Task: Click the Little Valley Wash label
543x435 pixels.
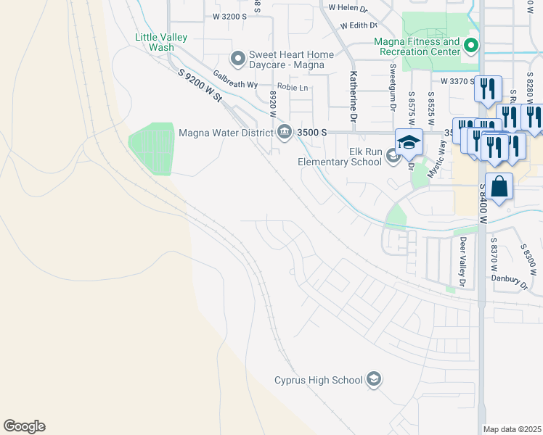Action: click(x=161, y=42)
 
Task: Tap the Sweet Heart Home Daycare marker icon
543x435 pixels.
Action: click(x=237, y=57)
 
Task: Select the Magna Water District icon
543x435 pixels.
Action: click(x=284, y=132)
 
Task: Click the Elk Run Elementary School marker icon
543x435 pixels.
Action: click(x=393, y=155)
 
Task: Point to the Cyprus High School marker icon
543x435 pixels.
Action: click(x=373, y=379)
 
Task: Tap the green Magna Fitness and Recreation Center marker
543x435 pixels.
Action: click(x=470, y=47)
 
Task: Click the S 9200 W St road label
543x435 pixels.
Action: click(x=199, y=86)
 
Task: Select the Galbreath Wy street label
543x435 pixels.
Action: click(x=235, y=79)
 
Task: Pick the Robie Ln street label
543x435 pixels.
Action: click(x=293, y=88)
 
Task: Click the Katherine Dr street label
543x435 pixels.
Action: click(x=354, y=96)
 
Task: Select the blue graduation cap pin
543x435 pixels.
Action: click(x=409, y=141)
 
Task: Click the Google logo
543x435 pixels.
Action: click(x=24, y=426)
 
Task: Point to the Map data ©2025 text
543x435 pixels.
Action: click(x=512, y=429)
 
